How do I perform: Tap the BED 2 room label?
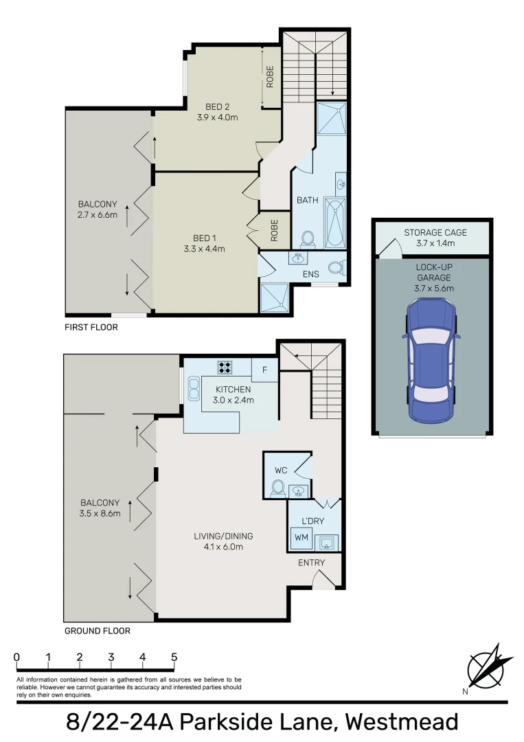point(217,106)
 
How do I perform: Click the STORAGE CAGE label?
point(435,233)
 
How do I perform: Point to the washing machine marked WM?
point(301,537)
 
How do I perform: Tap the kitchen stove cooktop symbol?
point(224,367)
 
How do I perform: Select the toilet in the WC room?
point(278,488)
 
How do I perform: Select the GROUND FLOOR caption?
point(97,631)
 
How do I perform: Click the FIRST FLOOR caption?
point(91,327)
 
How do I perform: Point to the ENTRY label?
point(311,563)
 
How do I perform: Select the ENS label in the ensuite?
point(312,274)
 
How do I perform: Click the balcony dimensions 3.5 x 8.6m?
point(100,513)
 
